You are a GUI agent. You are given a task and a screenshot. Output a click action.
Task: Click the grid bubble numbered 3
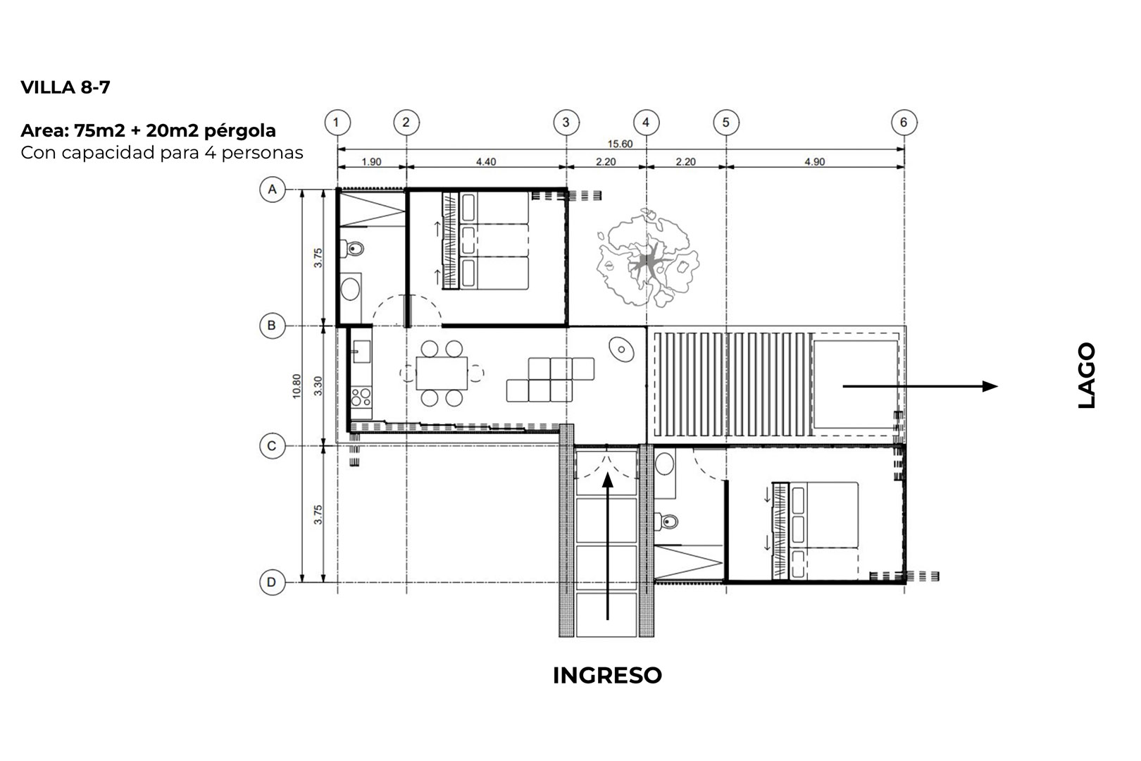pos(566,123)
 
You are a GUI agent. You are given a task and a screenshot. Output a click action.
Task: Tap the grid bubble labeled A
pos(273,190)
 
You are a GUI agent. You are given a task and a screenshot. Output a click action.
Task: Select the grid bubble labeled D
pos(273,582)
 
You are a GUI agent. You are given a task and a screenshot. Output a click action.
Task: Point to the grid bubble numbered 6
pos(904,123)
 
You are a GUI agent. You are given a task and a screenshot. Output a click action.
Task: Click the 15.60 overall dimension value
pos(620,144)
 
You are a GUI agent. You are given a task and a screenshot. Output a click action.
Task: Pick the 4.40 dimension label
pos(486,162)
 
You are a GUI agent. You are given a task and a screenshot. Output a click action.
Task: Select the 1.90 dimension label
pos(371,162)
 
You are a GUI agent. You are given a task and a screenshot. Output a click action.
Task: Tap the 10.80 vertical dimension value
pos(297,386)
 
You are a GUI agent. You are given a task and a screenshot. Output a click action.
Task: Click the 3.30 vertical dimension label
pos(318,386)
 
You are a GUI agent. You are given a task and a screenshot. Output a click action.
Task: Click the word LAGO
pos(1086,375)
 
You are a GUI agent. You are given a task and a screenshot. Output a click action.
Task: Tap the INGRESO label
pos(607,675)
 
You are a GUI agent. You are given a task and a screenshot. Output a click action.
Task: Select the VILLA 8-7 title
pos(66,87)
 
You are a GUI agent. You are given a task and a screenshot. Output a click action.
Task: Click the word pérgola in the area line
pos(240,131)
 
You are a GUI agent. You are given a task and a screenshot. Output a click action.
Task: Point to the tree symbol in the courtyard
pos(647,258)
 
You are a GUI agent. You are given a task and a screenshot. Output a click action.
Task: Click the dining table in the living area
pos(442,373)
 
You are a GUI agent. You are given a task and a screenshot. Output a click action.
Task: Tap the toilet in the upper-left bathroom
pos(355,249)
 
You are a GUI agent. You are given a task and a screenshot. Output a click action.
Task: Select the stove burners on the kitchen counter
pos(361,397)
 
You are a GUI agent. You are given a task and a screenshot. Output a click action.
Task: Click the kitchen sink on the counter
pos(361,352)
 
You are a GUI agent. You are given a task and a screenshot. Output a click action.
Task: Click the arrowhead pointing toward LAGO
pos(990,386)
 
